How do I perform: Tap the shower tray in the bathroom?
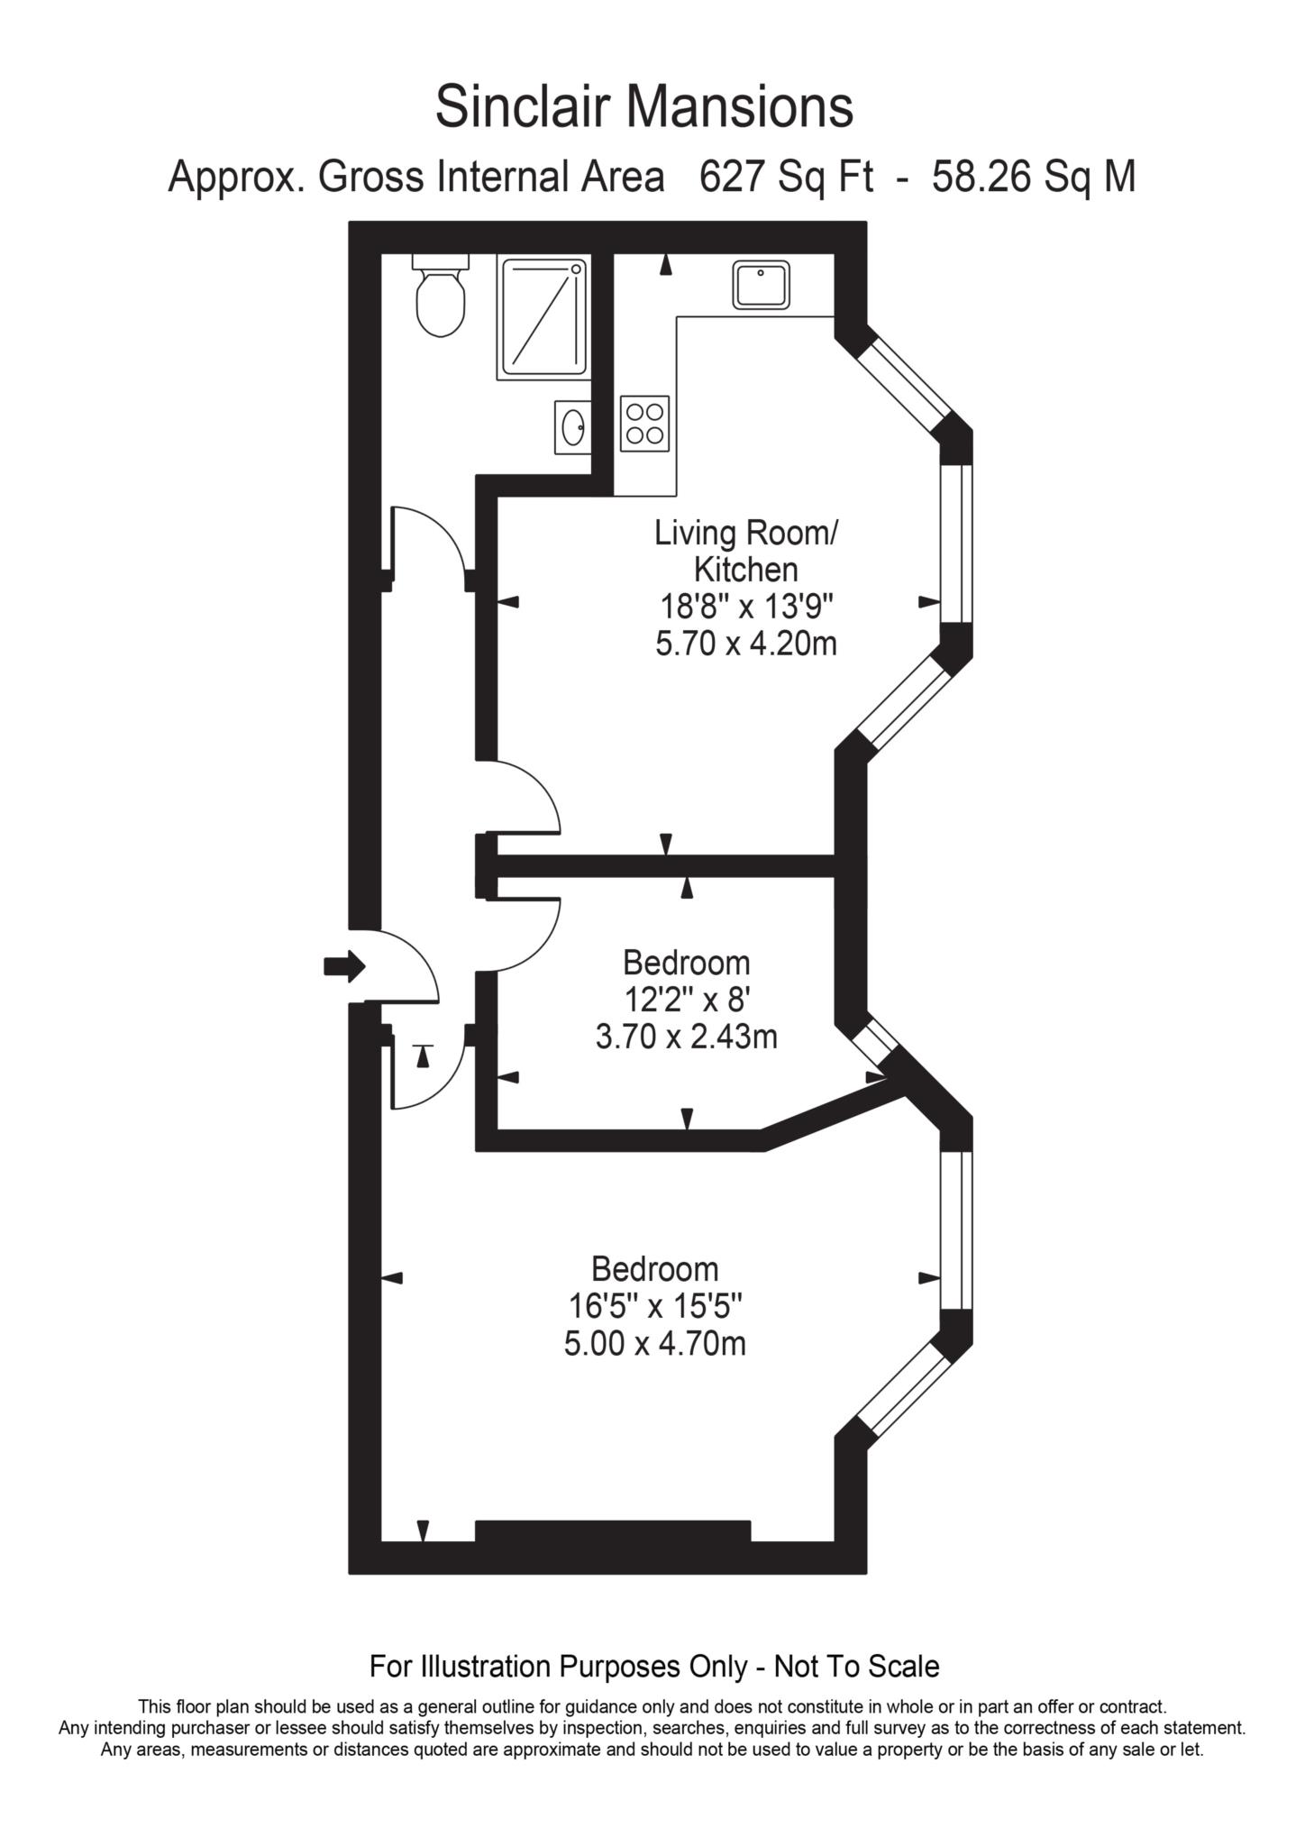(x=543, y=316)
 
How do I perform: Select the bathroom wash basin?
(x=572, y=427)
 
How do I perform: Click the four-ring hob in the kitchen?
(x=645, y=424)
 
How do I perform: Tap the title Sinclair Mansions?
(x=644, y=107)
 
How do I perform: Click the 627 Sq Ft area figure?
(x=786, y=177)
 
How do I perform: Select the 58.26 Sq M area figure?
(x=1033, y=177)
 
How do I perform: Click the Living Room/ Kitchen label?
(x=745, y=551)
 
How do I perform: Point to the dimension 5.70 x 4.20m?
(x=745, y=644)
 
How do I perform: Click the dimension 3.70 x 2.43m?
(x=686, y=1037)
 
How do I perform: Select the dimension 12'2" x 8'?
(x=686, y=1000)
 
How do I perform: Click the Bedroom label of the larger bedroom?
(x=655, y=1268)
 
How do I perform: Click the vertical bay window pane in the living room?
(x=956, y=544)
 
